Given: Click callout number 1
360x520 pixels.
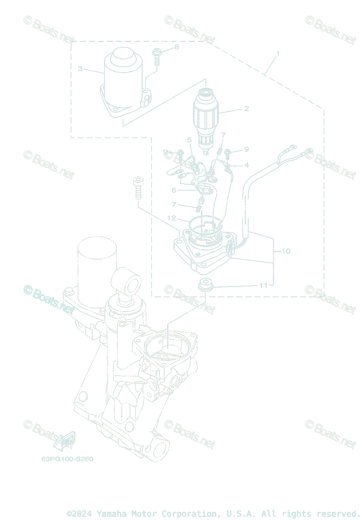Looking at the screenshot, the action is pos(278,54).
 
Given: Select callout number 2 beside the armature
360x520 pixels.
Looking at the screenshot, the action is pos(246,109).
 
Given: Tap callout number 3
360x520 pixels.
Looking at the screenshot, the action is pos(80,69).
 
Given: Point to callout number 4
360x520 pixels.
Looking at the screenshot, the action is pos(246,165).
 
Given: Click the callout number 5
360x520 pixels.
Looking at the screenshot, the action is pos(189,140).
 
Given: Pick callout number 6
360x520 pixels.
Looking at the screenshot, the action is pos(174,190).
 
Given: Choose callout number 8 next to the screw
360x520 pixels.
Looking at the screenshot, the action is pos(177,47).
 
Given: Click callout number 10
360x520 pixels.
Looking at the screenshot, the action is pos(285,251).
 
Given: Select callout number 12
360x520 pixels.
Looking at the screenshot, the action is pos(172,218).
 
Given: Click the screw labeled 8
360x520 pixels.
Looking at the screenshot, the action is pos(156,57).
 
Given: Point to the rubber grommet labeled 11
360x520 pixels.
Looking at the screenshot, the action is pos(205,286).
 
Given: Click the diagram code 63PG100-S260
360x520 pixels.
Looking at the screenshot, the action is pos(67,459).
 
